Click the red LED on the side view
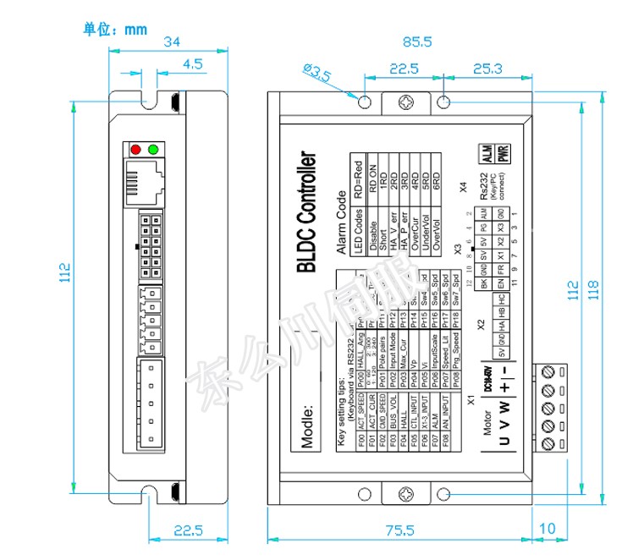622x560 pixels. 135,150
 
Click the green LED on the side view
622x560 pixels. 153,150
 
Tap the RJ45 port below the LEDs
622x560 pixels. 144,181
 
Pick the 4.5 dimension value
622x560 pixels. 192,63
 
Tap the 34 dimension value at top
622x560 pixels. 172,41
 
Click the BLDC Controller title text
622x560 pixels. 306,212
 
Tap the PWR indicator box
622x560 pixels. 503,155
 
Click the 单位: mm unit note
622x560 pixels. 115,29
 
